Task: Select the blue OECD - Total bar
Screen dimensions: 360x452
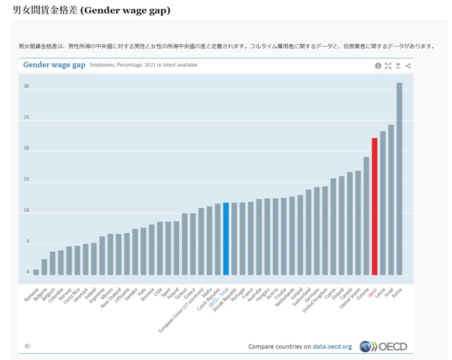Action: coord(226,238)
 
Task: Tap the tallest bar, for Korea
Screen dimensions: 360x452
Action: coord(400,179)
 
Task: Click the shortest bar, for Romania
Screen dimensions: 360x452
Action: coord(36,272)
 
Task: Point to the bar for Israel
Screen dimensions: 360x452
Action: coord(391,199)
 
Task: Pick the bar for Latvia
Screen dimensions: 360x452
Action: coord(383,203)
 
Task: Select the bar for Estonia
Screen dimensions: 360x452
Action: coord(366,216)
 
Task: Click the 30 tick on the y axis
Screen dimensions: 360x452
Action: coord(26,87)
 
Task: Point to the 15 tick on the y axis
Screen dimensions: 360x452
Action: coord(26,180)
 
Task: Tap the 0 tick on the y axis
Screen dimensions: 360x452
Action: coord(28,272)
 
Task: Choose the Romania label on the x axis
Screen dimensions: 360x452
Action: coord(31,294)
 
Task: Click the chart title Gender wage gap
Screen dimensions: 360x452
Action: coord(54,65)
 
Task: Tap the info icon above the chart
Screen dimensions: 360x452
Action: coord(378,66)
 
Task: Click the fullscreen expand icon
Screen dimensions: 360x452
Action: coord(388,66)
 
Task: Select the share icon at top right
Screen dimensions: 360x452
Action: coord(408,66)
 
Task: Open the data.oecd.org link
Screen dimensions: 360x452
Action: coord(332,346)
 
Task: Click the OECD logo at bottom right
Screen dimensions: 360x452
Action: coord(383,346)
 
